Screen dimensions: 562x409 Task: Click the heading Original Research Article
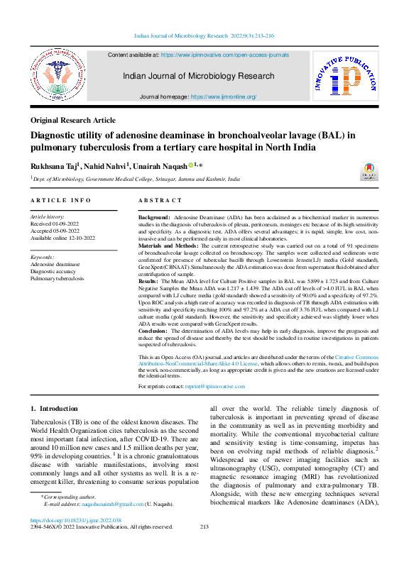click(72, 121)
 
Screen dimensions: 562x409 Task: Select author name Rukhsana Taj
click(55, 165)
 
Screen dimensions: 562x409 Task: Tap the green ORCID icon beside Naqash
click(191, 165)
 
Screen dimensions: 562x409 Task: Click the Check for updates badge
click(369, 172)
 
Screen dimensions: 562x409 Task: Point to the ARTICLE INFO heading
click(61, 201)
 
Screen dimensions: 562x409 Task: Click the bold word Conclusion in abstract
click(153, 330)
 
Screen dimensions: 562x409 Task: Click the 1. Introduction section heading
click(54, 409)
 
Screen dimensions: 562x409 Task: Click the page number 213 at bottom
click(204, 527)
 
